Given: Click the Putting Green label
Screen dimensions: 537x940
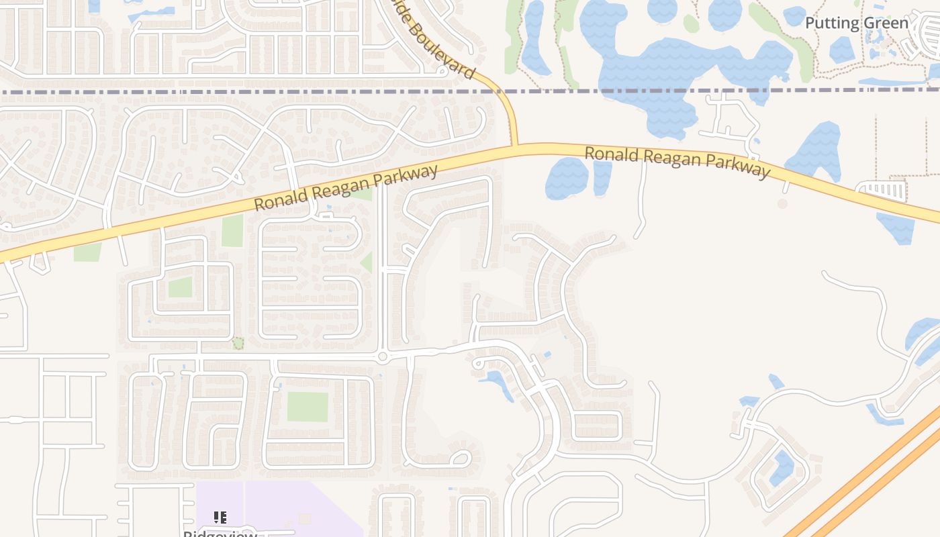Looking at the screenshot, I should click(x=856, y=23).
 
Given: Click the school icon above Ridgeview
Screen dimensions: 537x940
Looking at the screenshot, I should click(x=220, y=517).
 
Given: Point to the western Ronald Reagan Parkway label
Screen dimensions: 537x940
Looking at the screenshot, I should click(x=346, y=187).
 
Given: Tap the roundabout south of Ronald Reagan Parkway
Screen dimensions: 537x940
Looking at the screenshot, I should click(x=382, y=356).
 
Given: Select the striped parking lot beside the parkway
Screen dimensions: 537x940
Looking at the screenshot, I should click(x=882, y=190).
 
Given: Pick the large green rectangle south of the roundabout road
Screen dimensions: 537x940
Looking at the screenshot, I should click(x=308, y=406).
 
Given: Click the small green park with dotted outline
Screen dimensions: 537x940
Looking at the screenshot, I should click(x=238, y=344).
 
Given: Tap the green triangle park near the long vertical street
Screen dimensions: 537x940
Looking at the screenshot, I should click(x=367, y=262).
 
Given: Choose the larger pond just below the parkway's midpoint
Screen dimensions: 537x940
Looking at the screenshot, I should click(x=567, y=178).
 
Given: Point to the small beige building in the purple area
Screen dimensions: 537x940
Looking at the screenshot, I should click(x=305, y=518).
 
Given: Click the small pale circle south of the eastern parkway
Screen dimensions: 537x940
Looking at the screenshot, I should click(x=782, y=203).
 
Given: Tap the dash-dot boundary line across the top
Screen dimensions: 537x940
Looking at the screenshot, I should click(x=269, y=92).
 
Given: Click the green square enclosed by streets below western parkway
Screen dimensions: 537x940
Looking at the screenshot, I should click(x=180, y=287).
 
